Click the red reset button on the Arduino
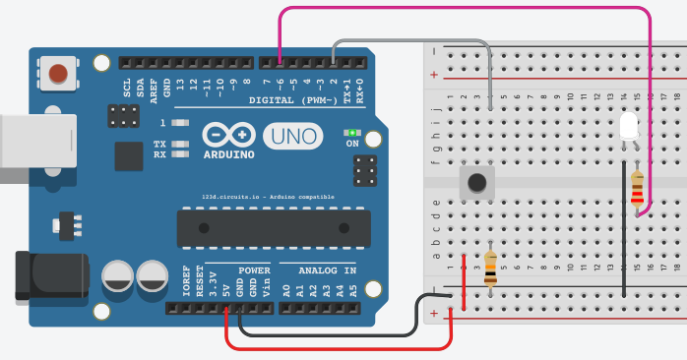point(59,73)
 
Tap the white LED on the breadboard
point(629,126)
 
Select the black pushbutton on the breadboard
point(477,182)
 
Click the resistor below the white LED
point(637,191)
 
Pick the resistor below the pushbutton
point(490,268)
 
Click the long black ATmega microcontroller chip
point(274,228)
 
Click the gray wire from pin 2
point(413,41)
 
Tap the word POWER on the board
point(254,269)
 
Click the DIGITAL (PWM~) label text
point(293,100)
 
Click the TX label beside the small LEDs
point(159,145)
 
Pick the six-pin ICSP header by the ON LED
point(365,170)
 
